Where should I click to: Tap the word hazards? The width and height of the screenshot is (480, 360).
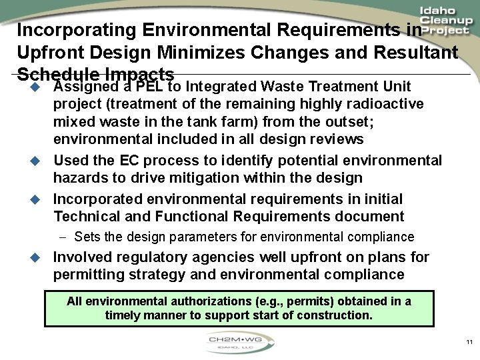(x=80, y=178)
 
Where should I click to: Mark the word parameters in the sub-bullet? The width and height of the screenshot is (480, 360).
(x=223, y=237)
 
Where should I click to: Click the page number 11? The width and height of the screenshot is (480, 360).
(x=469, y=342)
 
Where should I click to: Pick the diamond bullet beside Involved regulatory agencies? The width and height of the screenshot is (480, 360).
(x=37, y=257)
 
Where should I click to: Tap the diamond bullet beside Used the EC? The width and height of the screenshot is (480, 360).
(x=37, y=161)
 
